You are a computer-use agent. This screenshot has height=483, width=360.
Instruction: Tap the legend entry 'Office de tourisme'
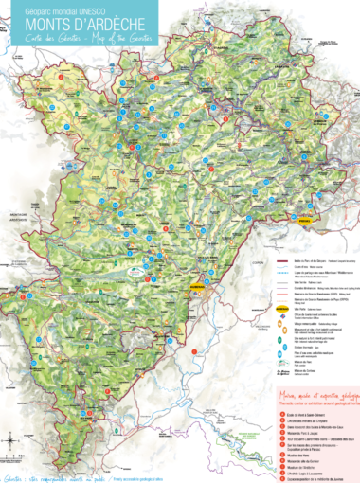click(x=313, y=315)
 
